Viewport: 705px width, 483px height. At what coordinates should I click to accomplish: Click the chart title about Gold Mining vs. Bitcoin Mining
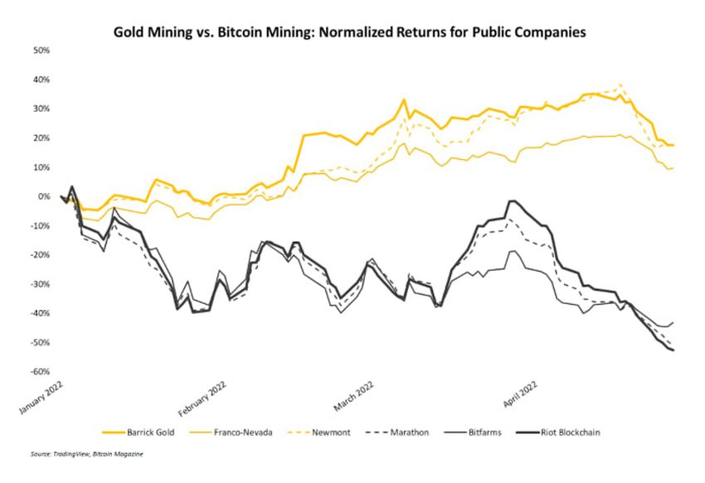[352, 33]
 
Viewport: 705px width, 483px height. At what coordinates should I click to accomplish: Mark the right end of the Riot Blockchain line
[673, 350]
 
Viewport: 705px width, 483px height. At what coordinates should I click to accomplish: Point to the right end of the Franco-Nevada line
[673, 168]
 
